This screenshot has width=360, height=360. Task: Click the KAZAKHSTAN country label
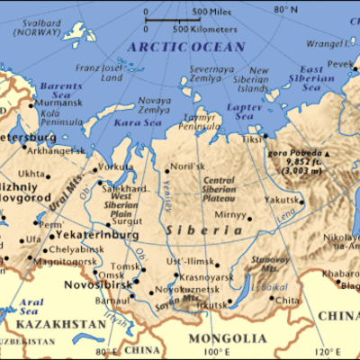click(44, 321)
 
